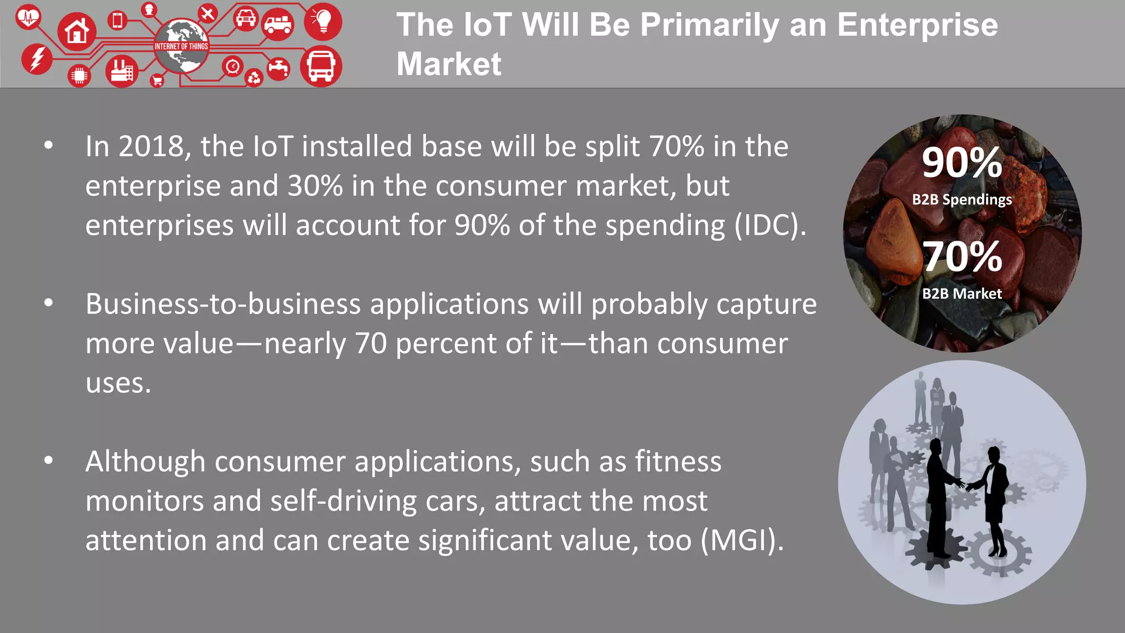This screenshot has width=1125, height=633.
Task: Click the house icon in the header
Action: coord(77,32)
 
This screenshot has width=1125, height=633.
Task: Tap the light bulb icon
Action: coord(323,21)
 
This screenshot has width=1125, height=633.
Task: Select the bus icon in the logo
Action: coord(321,66)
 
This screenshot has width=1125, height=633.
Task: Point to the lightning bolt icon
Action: coord(37,59)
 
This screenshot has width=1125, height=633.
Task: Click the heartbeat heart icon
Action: coord(28,17)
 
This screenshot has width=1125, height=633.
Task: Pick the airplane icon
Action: coord(207,13)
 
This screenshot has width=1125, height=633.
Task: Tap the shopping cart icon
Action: coord(157,81)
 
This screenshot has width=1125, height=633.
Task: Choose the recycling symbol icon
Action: coord(254,78)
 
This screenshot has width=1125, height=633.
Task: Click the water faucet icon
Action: coord(279,69)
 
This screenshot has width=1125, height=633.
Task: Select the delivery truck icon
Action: coord(278,25)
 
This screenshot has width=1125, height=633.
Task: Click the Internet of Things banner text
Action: coord(181,47)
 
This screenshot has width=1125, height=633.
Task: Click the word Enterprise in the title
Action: coord(917,25)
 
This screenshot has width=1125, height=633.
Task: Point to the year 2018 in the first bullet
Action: coord(151,147)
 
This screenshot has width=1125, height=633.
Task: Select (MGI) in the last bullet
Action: coord(742,540)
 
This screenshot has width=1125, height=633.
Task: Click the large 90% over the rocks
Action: coord(962,163)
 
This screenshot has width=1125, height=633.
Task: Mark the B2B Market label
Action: coord(962,293)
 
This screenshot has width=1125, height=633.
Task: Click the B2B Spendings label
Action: coord(962,199)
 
